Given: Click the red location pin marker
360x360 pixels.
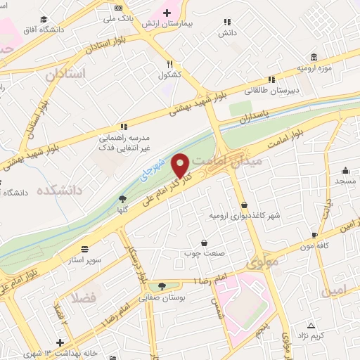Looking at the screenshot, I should click(181, 165).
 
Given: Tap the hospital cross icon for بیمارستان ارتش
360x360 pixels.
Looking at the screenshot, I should click(167, 13).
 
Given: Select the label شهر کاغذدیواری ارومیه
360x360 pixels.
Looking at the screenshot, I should click(245, 215).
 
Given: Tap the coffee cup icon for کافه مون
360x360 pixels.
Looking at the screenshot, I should click(314, 234).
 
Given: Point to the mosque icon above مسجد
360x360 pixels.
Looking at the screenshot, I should click(345, 170).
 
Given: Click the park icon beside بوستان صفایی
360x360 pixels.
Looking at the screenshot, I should click(162, 286).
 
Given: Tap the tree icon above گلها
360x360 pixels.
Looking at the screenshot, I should click(122, 198).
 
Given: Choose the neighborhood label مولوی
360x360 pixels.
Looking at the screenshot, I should click(263, 262).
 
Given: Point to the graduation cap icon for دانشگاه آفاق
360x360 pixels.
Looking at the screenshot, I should click(44, 20).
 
